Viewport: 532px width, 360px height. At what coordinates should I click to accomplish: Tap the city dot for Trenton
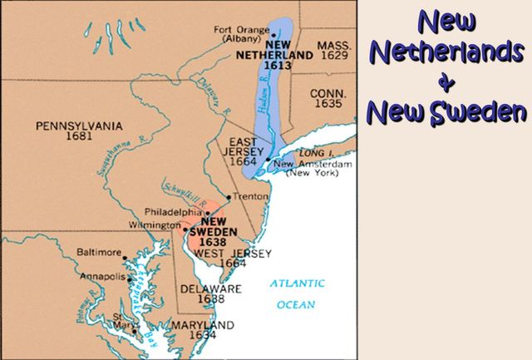click(229, 197)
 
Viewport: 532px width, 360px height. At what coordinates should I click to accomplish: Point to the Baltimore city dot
click(125, 249)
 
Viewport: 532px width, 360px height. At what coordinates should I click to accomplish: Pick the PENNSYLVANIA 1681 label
click(78, 131)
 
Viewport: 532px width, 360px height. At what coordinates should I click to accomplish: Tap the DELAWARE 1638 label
click(210, 293)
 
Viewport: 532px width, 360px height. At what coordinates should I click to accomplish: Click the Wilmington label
click(154, 226)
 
